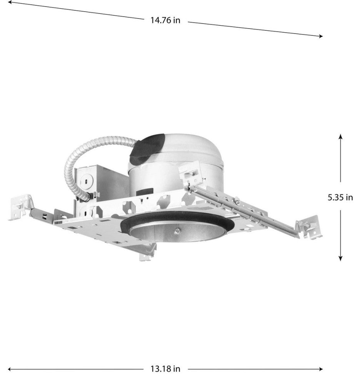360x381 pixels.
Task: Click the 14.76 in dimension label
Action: coord(165,20)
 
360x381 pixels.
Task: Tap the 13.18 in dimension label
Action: coord(165,369)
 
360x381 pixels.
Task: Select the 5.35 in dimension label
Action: coord(340,197)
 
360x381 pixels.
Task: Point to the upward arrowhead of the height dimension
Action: coord(340,136)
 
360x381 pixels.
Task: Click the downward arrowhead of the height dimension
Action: coord(340,259)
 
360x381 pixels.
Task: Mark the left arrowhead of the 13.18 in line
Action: coord(10,369)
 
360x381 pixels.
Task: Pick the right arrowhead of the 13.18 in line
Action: coord(321,369)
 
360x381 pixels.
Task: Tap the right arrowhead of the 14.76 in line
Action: coord(321,36)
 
